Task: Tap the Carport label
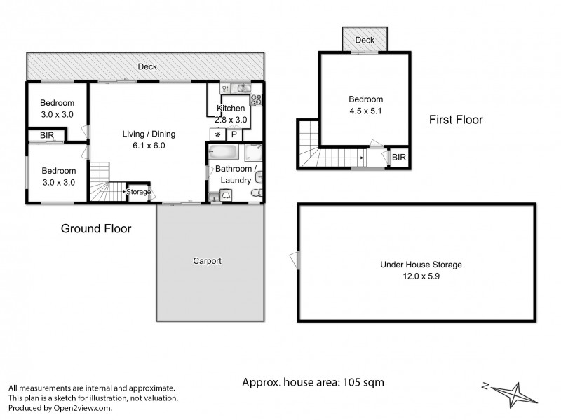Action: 207,261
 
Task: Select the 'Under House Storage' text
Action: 421,265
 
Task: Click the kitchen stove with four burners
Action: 256,99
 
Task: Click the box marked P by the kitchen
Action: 234,134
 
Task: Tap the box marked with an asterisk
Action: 217,134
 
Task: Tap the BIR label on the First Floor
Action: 398,157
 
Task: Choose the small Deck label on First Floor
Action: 365,41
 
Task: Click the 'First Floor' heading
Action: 456,120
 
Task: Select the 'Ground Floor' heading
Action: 96,228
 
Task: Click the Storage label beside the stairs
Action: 138,191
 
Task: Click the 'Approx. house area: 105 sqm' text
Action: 313,382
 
